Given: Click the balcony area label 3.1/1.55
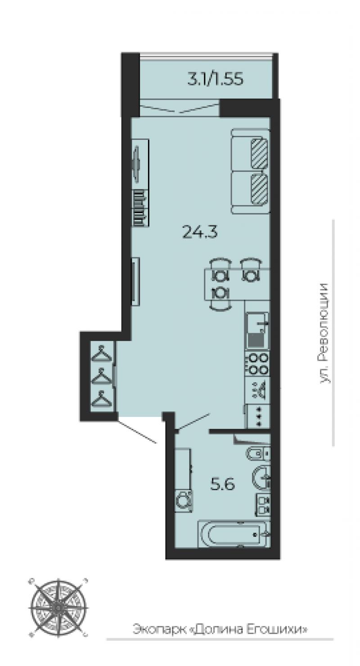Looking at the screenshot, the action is (x=215, y=80).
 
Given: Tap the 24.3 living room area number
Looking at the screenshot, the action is (x=200, y=232).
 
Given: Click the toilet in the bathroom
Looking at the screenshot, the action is (x=258, y=453).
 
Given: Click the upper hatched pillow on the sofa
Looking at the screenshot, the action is (x=259, y=153).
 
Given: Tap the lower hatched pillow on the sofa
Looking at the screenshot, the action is (x=259, y=189).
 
